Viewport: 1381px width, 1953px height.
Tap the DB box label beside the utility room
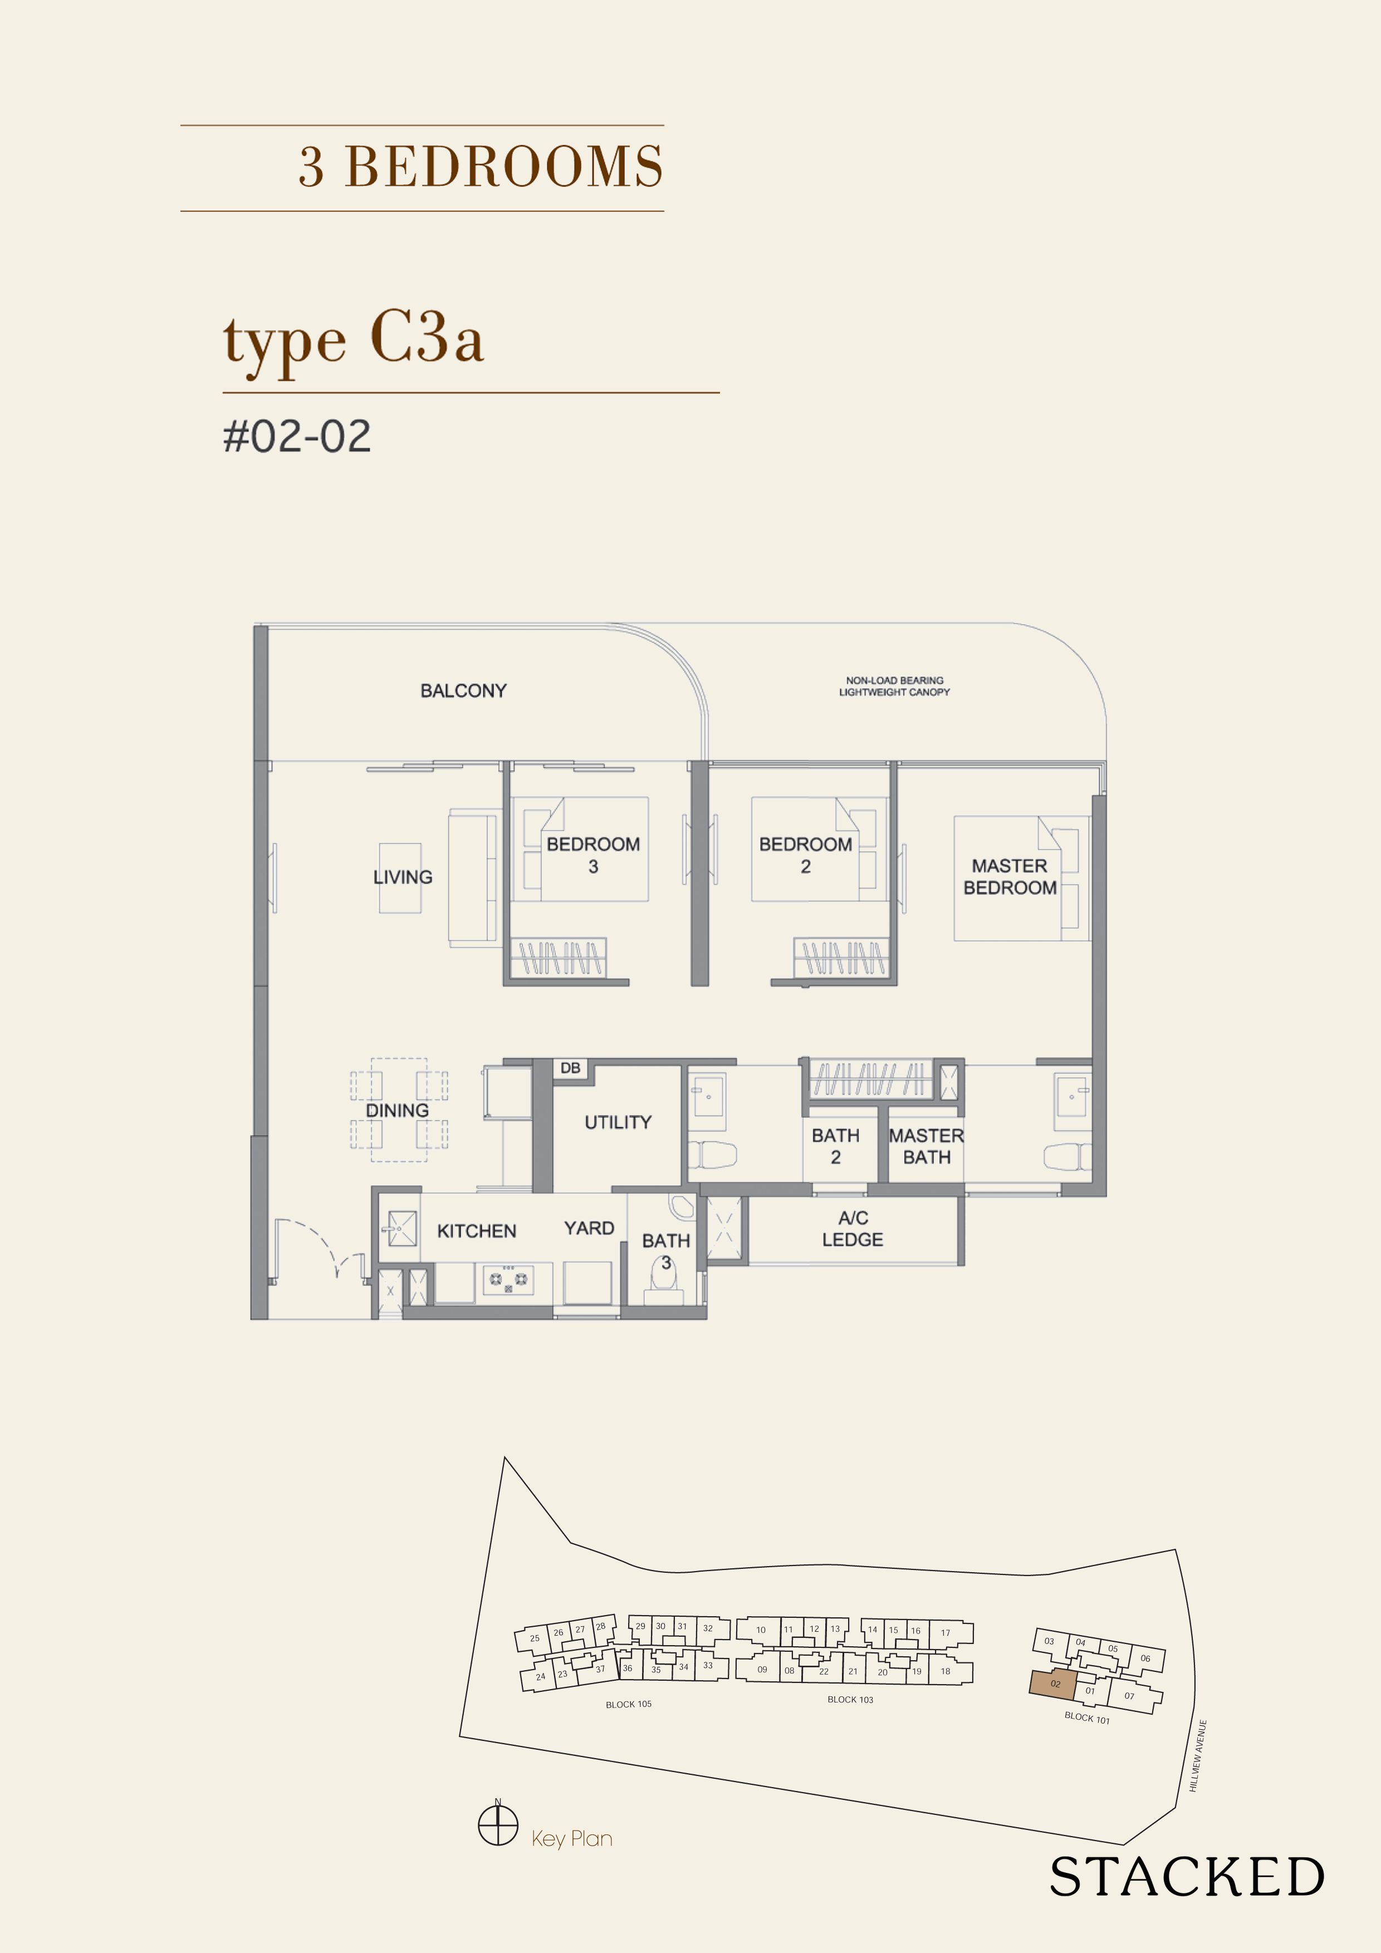click(570, 1067)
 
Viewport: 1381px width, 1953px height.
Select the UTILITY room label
click(618, 1122)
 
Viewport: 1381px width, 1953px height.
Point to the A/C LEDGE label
click(853, 1229)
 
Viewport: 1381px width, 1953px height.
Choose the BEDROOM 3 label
click(593, 855)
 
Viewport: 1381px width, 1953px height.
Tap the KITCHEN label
click(477, 1231)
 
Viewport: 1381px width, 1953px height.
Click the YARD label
click(589, 1228)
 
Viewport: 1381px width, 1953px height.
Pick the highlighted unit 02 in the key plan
click(1054, 1684)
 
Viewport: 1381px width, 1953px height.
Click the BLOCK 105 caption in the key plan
click(629, 1704)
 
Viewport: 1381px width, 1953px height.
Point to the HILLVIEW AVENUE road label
click(1198, 1756)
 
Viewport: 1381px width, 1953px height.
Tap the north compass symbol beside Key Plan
click(498, 1826)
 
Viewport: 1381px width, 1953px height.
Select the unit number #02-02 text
click(297, 436)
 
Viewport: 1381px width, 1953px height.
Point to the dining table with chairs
click(398, 1109)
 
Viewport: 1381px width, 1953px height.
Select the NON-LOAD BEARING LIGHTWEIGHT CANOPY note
click(894, 686)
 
